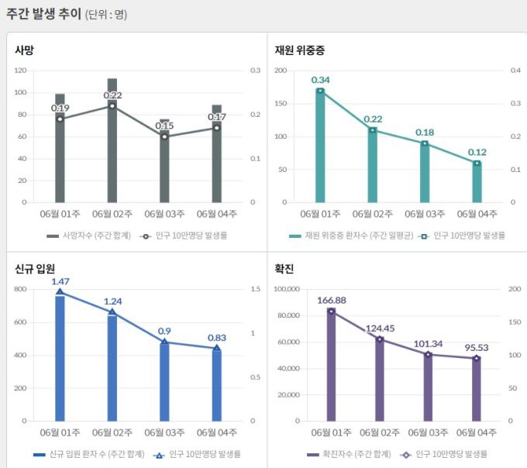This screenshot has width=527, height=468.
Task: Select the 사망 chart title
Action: click(25, 50)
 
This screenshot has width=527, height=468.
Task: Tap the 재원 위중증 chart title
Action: click(299, 50)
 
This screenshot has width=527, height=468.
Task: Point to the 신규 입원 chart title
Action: click(35, 269)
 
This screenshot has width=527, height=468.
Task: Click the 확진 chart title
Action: click(284, 269)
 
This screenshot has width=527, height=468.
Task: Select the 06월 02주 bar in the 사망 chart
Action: click(112, 147)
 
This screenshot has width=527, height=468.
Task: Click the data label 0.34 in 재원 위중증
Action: click(320, 80)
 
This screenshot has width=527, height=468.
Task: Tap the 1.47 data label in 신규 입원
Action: click(60, 281)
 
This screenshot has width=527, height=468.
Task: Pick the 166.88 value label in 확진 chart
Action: click(331, 300)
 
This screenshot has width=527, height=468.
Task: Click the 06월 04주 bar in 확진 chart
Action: click(477, 391)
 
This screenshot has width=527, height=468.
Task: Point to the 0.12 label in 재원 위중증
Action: click(477, 152)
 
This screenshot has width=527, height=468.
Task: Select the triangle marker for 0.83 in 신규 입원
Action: click(217, 348)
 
